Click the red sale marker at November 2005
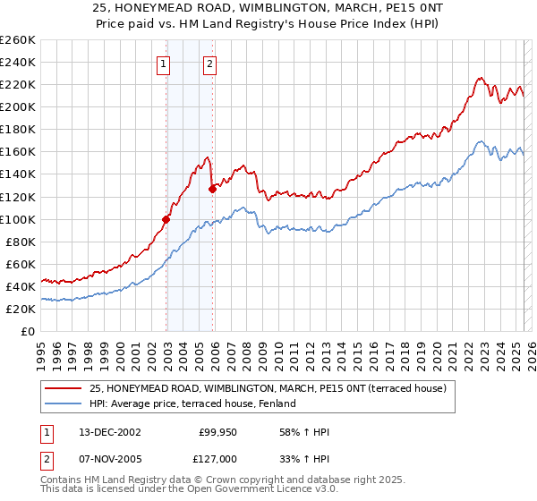[212, 189]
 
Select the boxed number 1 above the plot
[165, 64]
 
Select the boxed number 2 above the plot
[210, 64]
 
